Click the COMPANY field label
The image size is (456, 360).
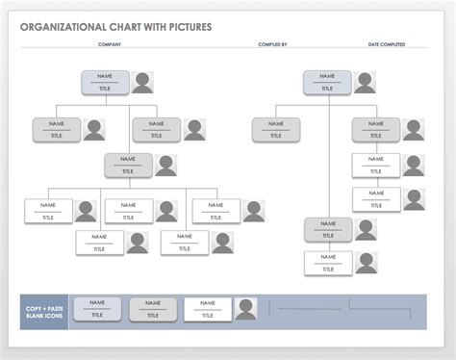[110, 44]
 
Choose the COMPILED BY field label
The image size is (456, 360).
[272, 44]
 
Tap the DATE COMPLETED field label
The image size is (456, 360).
[387, 44]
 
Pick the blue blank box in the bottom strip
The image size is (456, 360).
[97, 309]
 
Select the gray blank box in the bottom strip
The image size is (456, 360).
[152, 309]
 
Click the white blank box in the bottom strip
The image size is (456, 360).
[207, 309]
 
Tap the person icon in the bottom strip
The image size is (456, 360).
[246, 309]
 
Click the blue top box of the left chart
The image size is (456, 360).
[105, 82]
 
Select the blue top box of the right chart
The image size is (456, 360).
[327, 82]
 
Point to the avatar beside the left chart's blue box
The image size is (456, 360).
[142, 83]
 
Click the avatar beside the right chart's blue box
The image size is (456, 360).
[365, 83]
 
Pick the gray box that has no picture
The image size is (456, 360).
[276, 130]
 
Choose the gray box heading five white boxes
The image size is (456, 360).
[129, 165]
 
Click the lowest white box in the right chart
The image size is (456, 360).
[328, 263]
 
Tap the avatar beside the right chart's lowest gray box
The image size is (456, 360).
[366, 230]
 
